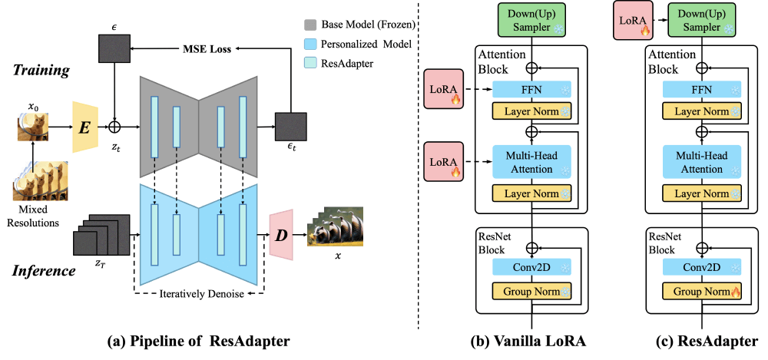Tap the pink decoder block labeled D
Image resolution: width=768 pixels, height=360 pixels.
tap(282, 230)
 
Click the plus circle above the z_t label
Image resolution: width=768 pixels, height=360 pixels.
tap(115, 124)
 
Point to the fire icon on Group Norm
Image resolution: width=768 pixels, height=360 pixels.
tap(737, 292)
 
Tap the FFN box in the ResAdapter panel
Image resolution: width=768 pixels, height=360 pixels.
tap(700, 89)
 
